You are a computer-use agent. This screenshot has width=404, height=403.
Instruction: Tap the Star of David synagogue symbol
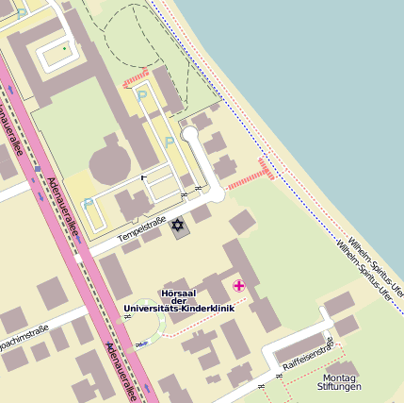click(x=176, y=226)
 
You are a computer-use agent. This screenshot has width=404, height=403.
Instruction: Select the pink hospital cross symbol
click(x=238, y=285)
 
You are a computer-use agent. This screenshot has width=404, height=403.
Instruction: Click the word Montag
click(x=339, y=377)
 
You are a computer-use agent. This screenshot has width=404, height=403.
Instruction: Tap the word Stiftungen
click(x=339, y=387)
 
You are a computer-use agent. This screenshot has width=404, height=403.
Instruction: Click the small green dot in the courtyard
click(x=64, y=48)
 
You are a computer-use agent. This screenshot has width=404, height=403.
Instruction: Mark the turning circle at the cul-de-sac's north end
click(x=191, y=134)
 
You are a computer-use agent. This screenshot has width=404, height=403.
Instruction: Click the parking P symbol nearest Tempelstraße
click(x=88, y=203)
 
